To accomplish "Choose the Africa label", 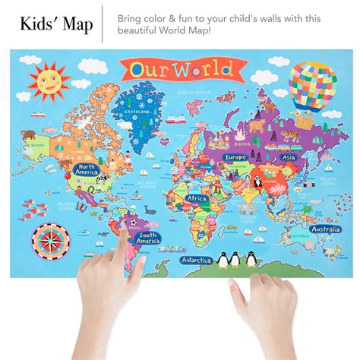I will point(197,199).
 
